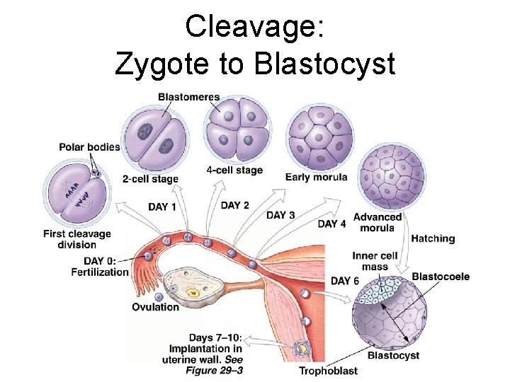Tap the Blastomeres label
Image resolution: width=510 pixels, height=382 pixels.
(189, 97)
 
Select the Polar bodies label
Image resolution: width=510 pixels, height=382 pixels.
(89, 147)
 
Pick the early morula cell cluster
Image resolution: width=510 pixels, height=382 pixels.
(321, 137)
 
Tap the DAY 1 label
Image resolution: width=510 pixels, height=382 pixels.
(162, 207)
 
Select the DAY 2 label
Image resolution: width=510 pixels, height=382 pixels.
(235, 205)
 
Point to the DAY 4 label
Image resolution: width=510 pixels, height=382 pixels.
(332, 224)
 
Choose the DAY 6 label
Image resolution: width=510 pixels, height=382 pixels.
(345, 281)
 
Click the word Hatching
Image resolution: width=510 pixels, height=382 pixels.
(433, 238)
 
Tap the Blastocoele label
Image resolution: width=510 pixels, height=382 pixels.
(441, 277)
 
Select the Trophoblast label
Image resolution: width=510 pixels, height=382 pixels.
(328, 371)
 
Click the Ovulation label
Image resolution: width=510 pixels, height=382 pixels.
(156, 307)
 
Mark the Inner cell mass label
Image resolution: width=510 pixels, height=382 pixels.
(375, 261)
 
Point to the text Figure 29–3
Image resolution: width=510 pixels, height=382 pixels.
(212, 369)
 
